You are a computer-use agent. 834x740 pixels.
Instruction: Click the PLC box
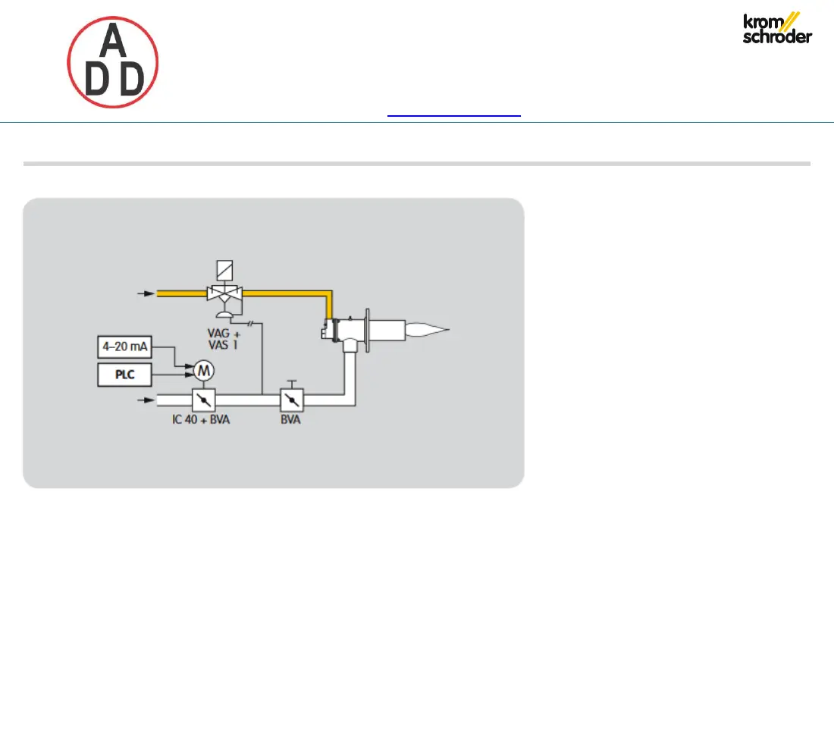pos(124,375)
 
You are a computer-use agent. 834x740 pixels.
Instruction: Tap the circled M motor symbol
pos(204,370)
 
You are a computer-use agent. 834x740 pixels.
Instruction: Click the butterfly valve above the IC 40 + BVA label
pos(203,398)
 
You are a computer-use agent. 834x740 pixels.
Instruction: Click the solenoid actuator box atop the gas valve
pos(225,270)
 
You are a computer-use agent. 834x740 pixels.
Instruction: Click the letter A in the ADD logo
pos(113,41)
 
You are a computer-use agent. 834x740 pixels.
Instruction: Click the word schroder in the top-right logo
pos(777,37)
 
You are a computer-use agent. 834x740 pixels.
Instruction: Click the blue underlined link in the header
pos(454,115)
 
